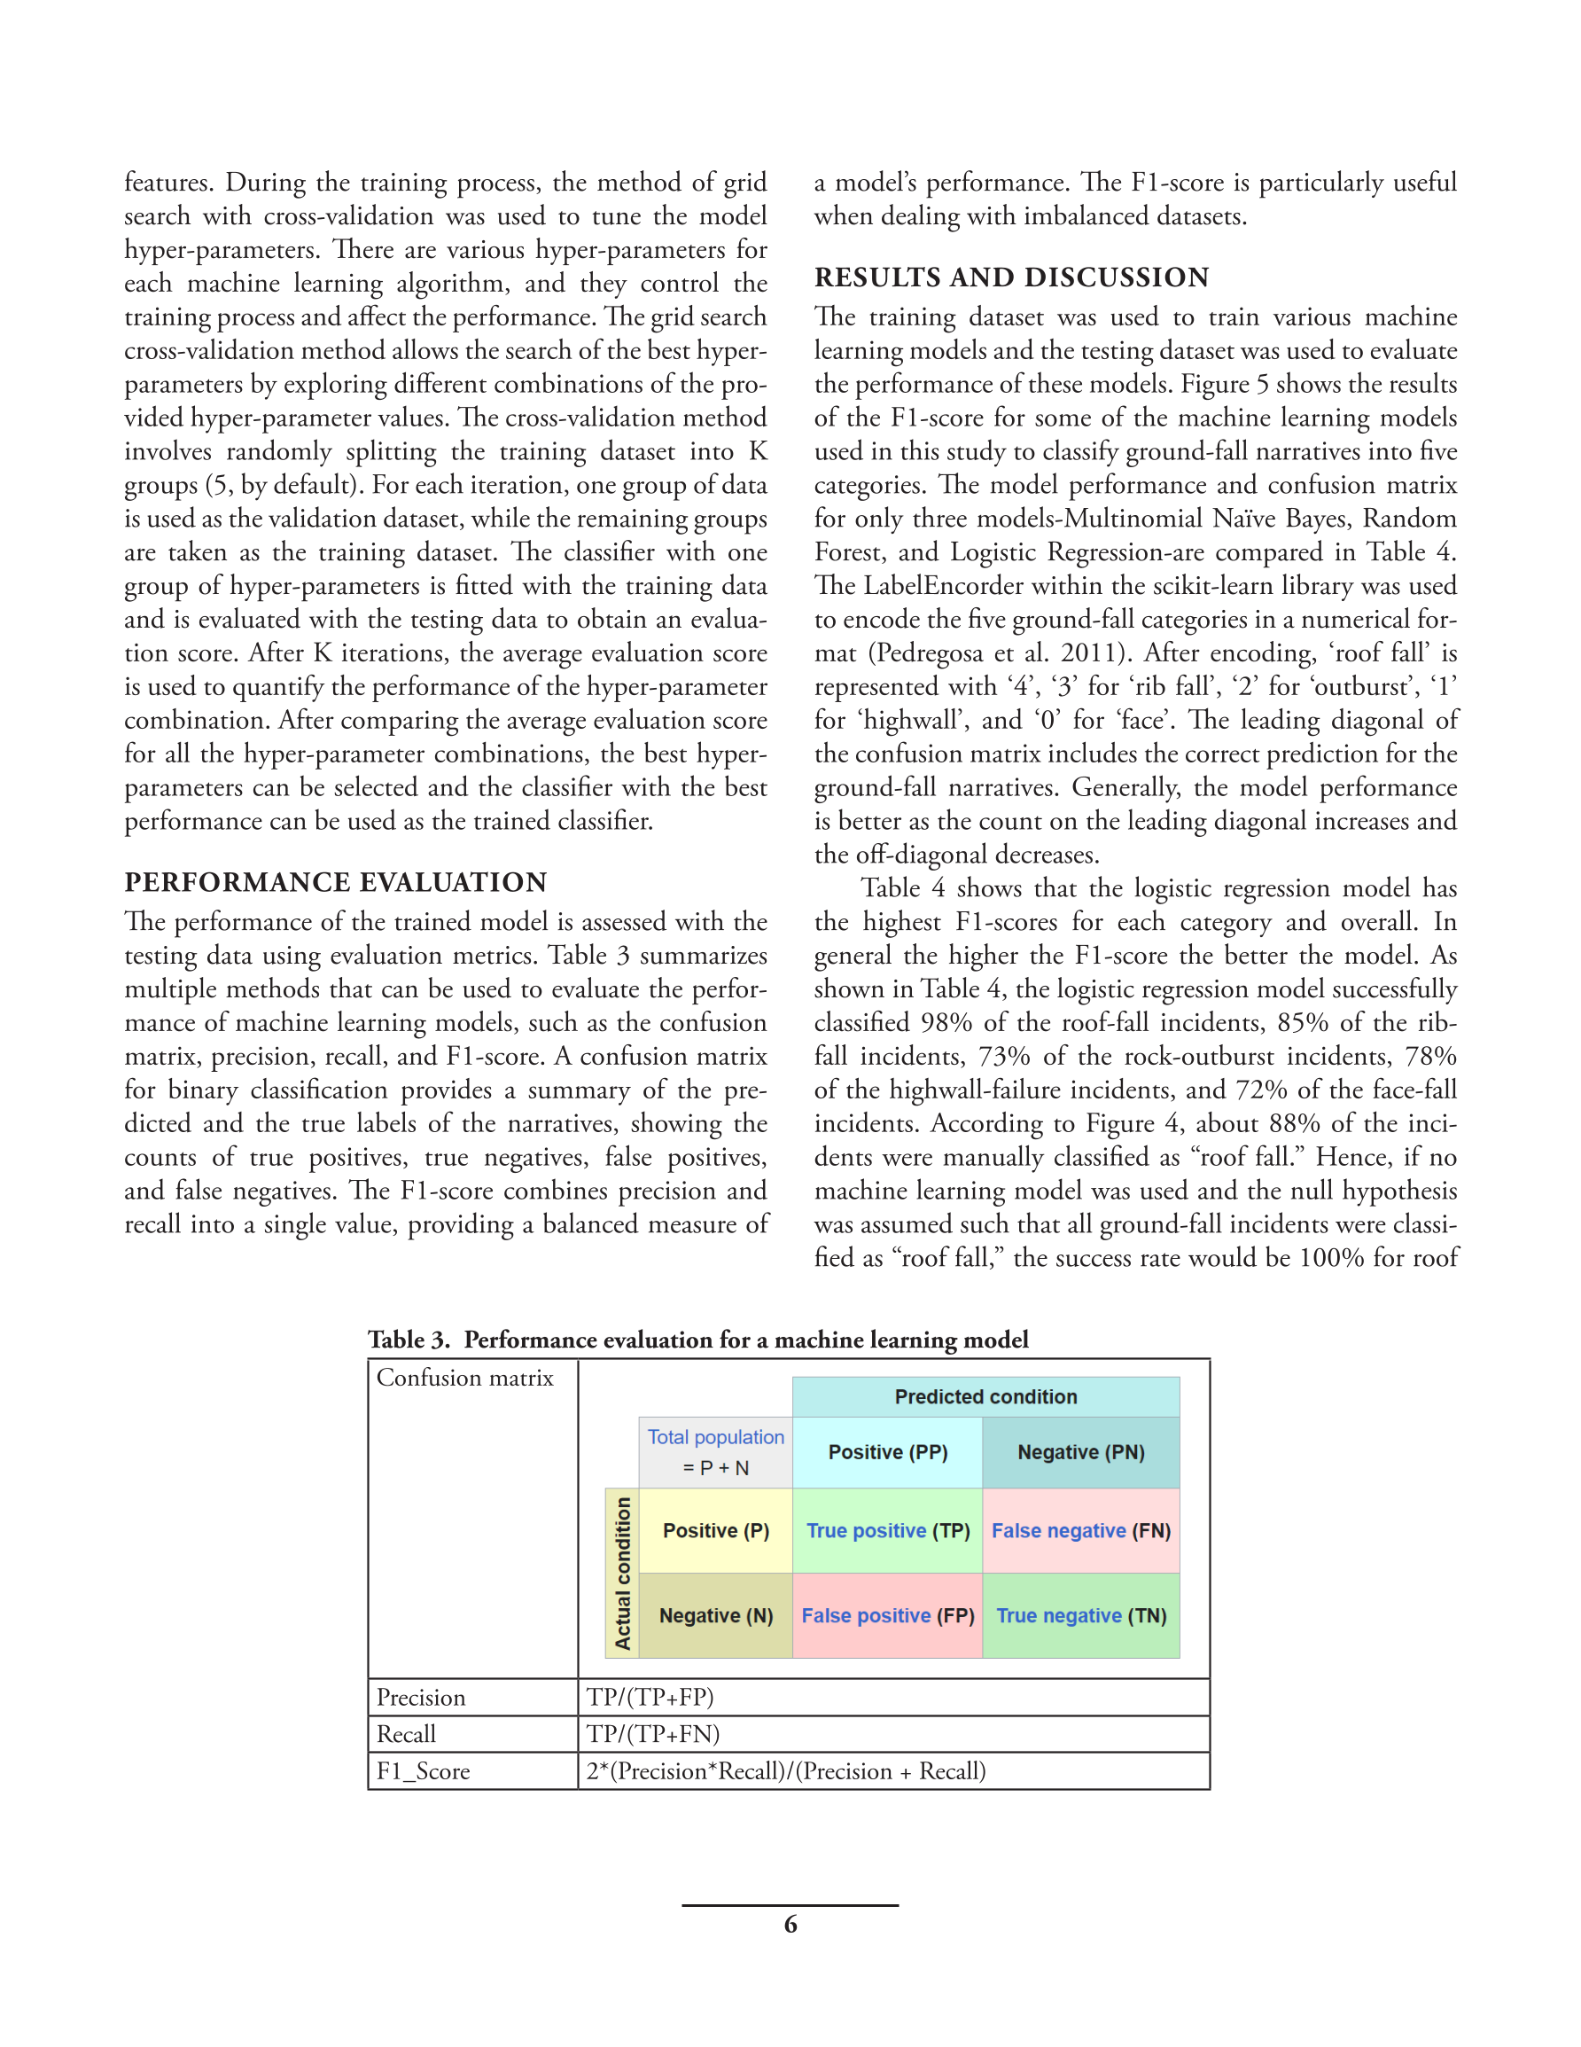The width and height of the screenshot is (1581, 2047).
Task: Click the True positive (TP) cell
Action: click(886, 1530)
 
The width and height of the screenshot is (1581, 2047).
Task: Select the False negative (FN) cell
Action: click(1080, 1530)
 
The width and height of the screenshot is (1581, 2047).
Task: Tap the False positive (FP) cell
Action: click(886, 1616)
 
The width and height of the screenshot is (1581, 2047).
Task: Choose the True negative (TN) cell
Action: click(1080, 1616)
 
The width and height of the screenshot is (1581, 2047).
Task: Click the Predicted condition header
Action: click(985, 1396)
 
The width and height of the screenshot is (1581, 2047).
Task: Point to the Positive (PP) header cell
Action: click(886, 1452)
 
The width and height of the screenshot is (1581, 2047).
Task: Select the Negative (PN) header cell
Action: click(1080, 1452)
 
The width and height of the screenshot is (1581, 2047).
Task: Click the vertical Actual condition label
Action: click(622, 1573)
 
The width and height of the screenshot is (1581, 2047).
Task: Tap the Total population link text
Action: click(715, 1437)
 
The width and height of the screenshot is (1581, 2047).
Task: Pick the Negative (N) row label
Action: click(716, 1616)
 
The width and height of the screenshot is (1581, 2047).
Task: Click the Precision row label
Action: click(421, 1698)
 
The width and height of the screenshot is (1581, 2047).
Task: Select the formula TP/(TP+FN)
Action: click(653, 1734)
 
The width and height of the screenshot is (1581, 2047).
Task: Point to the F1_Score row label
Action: click(423, 1771)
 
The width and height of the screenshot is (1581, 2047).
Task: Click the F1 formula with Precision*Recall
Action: click(785, 1771)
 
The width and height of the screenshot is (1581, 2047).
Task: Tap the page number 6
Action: click(790, 1925)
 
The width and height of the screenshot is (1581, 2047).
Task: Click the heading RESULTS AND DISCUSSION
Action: click(1011, 277)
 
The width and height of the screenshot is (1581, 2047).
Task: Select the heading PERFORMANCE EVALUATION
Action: click(336, 882)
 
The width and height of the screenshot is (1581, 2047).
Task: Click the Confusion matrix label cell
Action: click(465, 1378)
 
